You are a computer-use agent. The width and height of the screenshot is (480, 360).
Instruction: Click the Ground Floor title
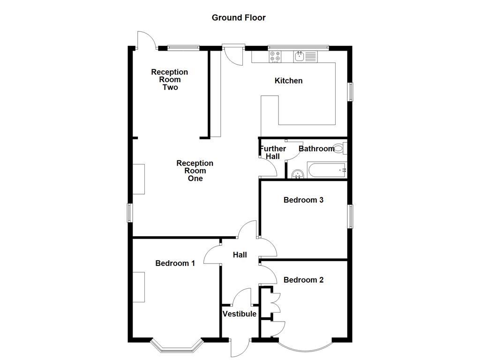[x=239, y=18]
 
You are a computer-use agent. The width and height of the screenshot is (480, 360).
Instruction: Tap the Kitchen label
[x=288, y=81]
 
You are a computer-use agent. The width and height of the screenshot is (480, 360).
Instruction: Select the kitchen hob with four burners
[x=275, y=57]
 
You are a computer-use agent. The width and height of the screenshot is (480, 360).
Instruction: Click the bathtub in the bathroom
[x=326, y=170]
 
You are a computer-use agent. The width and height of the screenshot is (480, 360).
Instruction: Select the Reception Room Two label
[x=169, y=79]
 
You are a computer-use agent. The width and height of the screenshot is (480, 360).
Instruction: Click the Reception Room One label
[x=195, y=171]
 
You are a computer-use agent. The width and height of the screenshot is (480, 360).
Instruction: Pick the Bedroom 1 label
[x=175, y=263]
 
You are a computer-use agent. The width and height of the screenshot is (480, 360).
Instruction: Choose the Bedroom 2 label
[x=303, y=280]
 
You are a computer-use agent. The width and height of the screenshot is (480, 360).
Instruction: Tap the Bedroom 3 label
[x=303, y=200]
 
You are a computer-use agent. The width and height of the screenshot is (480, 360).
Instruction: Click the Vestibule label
[x=240, y=314]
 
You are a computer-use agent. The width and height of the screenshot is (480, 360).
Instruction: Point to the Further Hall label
[x=273, y=152]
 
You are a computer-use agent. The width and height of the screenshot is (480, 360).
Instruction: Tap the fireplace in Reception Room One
[x=139, y=179]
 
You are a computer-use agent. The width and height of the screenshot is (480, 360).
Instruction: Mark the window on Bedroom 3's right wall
[x=350, y=217]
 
